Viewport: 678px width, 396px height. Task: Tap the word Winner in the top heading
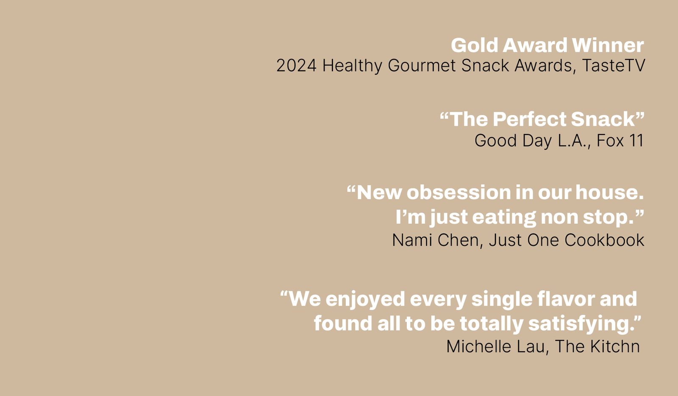607,45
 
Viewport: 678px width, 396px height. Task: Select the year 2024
296,66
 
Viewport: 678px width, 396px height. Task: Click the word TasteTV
613,66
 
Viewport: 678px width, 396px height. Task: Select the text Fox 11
620,141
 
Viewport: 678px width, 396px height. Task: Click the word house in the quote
609,193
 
